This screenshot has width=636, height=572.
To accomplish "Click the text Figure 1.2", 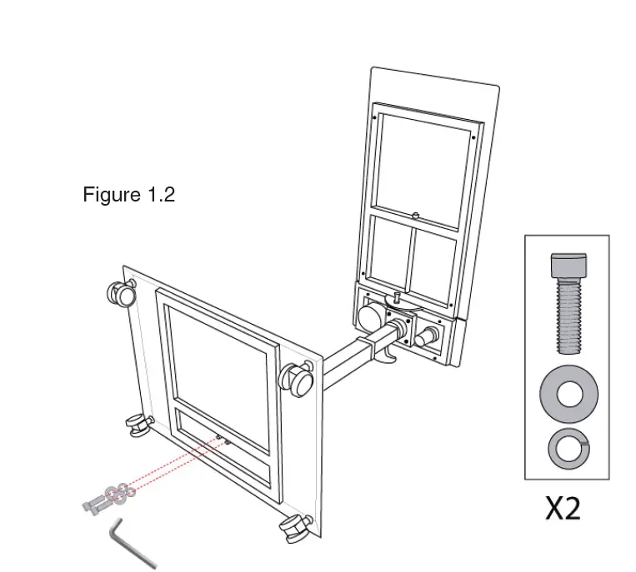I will (x=128, y=195).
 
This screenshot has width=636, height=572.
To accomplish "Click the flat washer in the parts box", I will (x=568, y=392).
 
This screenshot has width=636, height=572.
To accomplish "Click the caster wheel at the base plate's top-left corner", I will (x=121, y=292).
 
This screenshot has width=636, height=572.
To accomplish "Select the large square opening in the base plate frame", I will (x=219, y=355).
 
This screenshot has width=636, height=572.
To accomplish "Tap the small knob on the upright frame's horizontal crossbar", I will (x=414, y=216).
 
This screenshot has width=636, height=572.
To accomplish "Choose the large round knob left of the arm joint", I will (x=370, y=316).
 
